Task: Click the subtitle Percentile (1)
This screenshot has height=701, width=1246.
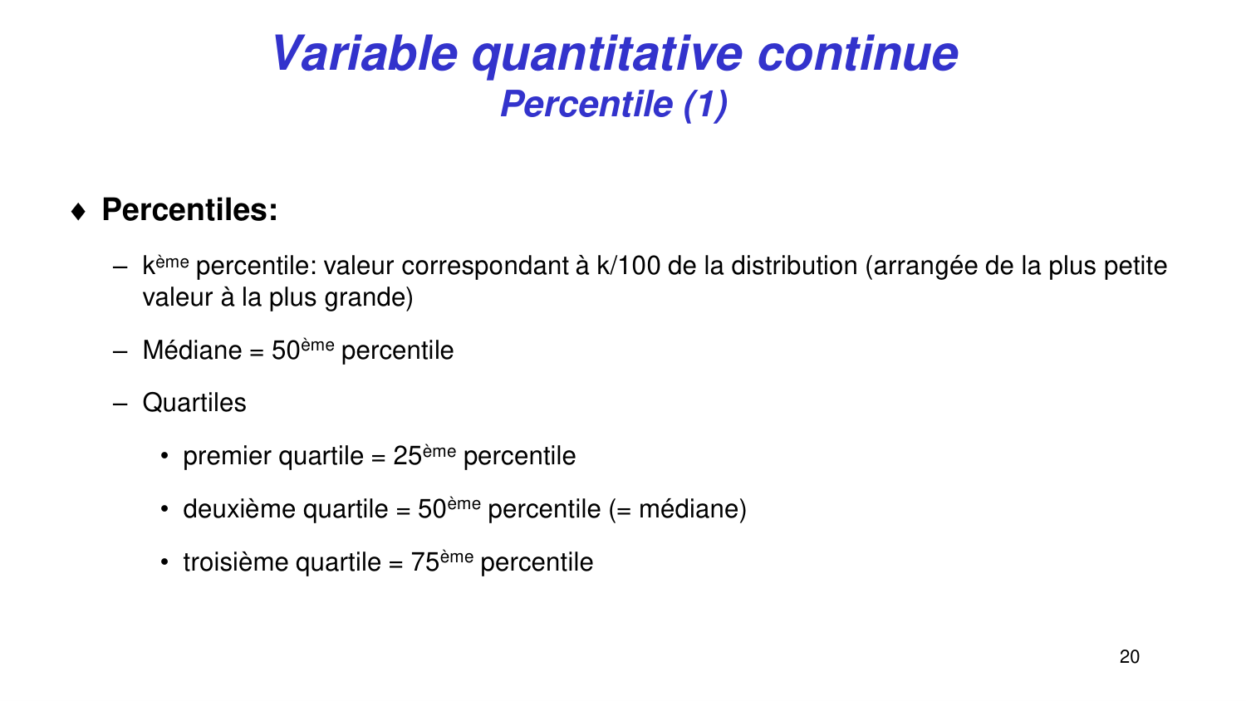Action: (x=614, y=105)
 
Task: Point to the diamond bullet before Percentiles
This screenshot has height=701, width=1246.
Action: (x=79, y=212)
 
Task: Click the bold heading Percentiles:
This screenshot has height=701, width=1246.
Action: (x=189, y=210)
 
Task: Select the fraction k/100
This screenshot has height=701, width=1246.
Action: (x=629, y=266)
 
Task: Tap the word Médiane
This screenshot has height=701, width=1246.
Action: (x=192, y=350)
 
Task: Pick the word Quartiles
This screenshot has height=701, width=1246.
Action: (x=194, y=403)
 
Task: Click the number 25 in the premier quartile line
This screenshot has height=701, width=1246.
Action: (x=407, y=456)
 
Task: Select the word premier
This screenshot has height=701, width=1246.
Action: (x=227, y=456)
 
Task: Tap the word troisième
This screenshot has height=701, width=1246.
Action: (x=236, y=562)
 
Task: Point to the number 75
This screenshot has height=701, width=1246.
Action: (x=424, y=562)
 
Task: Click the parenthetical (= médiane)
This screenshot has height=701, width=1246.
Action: (x=678, y=509)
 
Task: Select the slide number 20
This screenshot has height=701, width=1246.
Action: (x=1130, y=657)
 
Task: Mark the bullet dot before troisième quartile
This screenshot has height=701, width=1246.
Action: (x=165, y=562)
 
